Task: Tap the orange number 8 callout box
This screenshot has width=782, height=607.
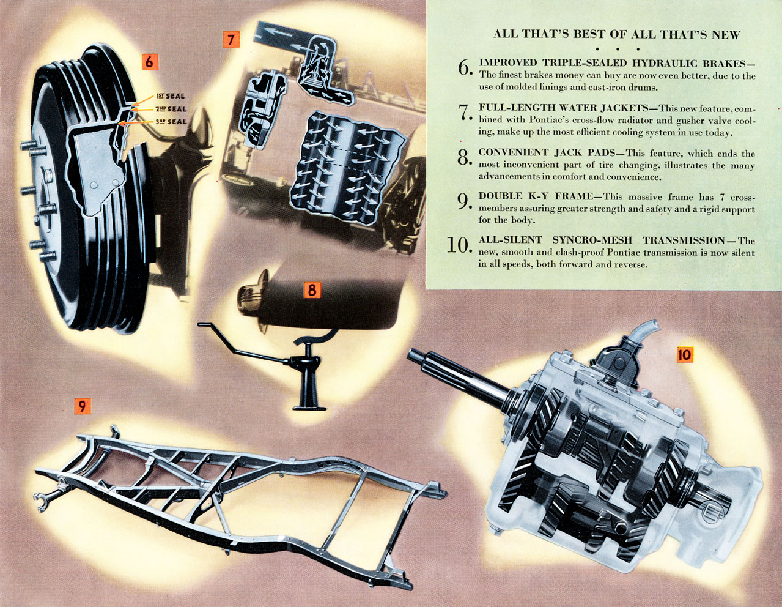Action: click(x=312, y=289)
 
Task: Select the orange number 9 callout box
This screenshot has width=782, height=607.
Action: click(x=82, y=405)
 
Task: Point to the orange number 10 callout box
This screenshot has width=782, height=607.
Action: click(x=684, y=354)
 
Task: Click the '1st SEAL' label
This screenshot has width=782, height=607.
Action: click(x=170, y=96)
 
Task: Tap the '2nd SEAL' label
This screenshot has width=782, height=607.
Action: click(x=171, y=109)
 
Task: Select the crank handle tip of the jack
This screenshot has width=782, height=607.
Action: click(x=204, y=324)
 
